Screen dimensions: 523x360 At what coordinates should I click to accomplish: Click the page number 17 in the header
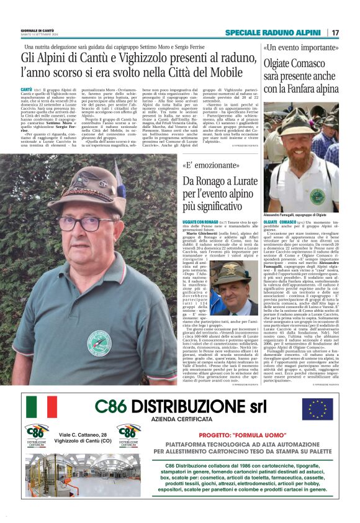[x=336, y=32]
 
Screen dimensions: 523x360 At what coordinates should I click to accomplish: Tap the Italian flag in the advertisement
[x=42, y=407]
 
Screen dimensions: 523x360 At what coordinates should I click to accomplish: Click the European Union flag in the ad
[x=317, y=409]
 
